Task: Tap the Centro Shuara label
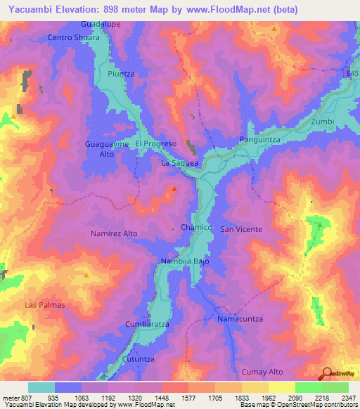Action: point(73,37)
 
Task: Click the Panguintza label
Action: point(260,141)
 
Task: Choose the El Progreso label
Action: point(155,143)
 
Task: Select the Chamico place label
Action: point(196,228)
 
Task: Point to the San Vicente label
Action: point(241,229)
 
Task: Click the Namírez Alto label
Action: point(114,233)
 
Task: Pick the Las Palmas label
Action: point(44,305)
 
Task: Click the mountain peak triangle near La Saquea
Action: point(174,188)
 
